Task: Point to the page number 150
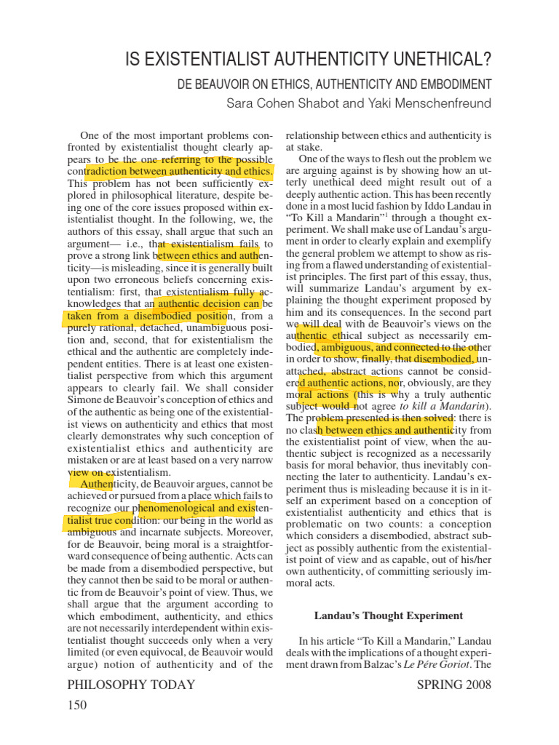(x=76, y=705)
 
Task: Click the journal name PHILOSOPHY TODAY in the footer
(x=131, y=685)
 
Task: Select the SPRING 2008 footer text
(x=453, y=685)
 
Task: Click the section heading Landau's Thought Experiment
(x=389, y=615)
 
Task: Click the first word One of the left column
(x=90, y=136)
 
